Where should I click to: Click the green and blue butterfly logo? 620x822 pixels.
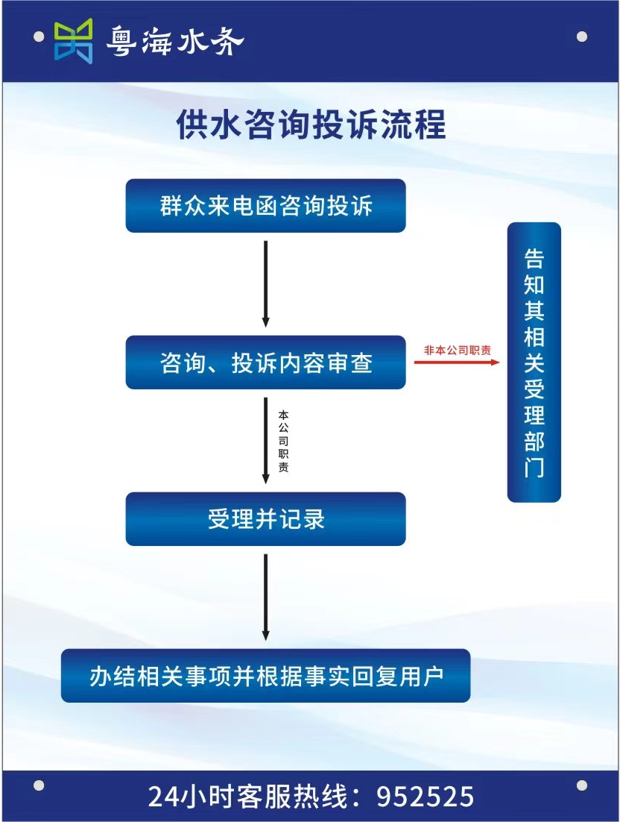click(x=74, y=41)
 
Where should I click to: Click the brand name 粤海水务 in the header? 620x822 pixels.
click(x=175, y=41)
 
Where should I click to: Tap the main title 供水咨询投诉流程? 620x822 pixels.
click(x=311, y=125)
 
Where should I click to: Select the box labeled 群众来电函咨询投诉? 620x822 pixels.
click(x=265, y=206)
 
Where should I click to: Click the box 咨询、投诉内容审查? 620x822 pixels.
click(x=265, y=363)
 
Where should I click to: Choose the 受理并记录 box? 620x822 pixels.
click(x=265, y=519)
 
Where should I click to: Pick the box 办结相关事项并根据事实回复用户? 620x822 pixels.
click(x=265, y=676)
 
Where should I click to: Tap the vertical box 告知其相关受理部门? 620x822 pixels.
click(x=534, y=363)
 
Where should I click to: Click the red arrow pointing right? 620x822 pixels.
click(x=457, y=362)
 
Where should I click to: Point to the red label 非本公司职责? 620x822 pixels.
click(x=457, y=350)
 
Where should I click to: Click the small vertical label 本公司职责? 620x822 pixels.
click(x=283, y=441)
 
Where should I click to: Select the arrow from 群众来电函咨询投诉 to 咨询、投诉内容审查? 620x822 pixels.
click(x=265, y=283)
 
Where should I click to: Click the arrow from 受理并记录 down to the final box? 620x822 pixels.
click(x=265, y=597)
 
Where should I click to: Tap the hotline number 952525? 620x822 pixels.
click(x=426, y=797)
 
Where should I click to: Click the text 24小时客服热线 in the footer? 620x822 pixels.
click(x=247, y=797)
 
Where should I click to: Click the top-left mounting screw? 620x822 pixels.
click(x=39, y=37)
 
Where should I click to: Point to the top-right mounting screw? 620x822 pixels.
click(x=581, y=37)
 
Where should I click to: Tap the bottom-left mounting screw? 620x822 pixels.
click(x=39, y=785)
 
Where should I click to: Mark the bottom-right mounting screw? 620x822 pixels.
click(x=581, y=785)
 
